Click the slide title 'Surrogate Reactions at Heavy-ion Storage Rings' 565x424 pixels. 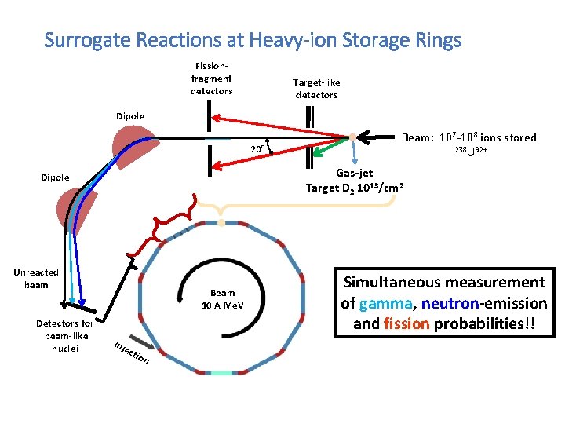(253, 38)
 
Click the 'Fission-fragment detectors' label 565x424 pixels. (211, 79)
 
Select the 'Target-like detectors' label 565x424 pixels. (316, 88)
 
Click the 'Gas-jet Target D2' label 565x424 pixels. (355, 180)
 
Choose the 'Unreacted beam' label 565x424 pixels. (36, 279)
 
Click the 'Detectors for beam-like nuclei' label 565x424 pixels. (64, 335)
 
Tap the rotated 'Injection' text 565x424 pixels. (131, 353)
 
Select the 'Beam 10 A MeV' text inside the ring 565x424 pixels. (224, 298)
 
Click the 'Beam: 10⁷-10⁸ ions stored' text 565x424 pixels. (468, 137)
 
